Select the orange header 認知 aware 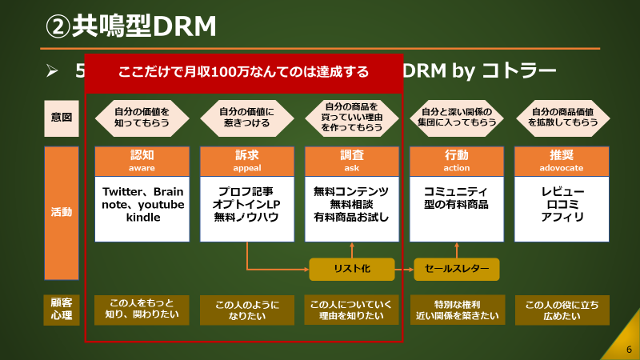tap(142, 161)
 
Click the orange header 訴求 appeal tap(247, 161)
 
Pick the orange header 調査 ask tap(352, 161)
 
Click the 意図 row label tap(61, 118)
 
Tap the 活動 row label tap(61, 213)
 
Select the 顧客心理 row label tap(61, 310)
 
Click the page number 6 tap(629, 349)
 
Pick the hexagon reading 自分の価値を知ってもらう tap(142, 118)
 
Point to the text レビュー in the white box tap(562, 192)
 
